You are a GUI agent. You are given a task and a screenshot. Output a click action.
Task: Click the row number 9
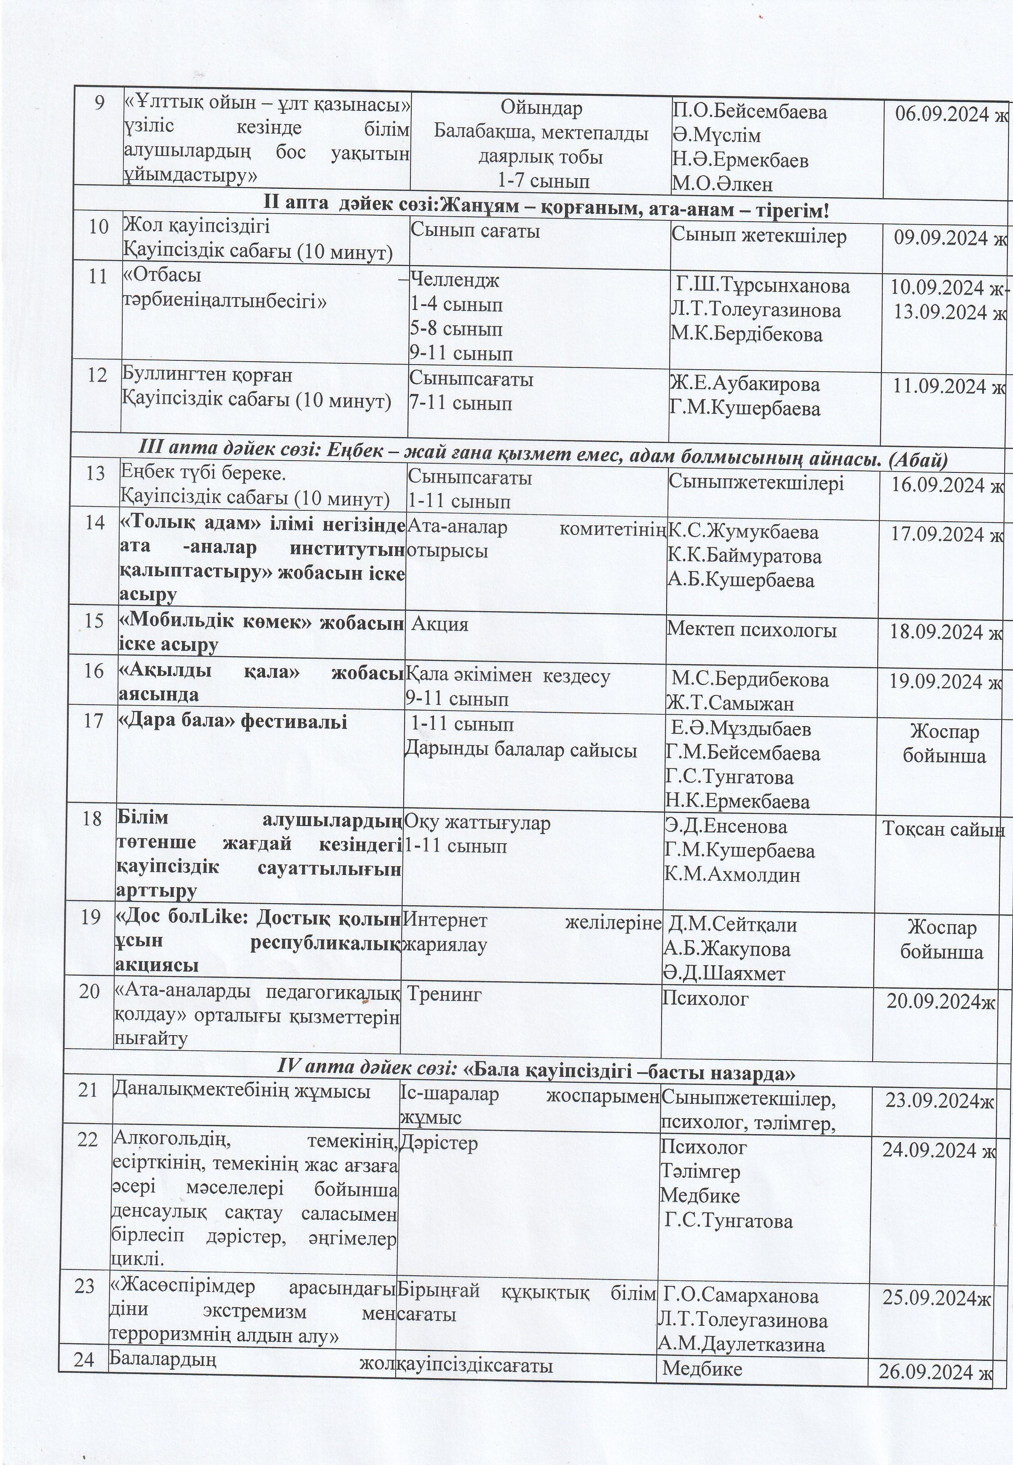tap(99, 103)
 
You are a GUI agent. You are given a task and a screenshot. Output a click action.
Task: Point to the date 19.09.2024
tap(939, 681)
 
